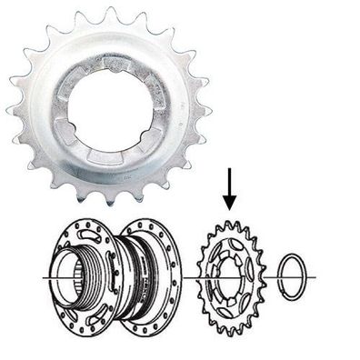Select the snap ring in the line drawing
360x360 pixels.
(x=293, y=275)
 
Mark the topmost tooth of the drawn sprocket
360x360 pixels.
(x=233, y=223)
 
